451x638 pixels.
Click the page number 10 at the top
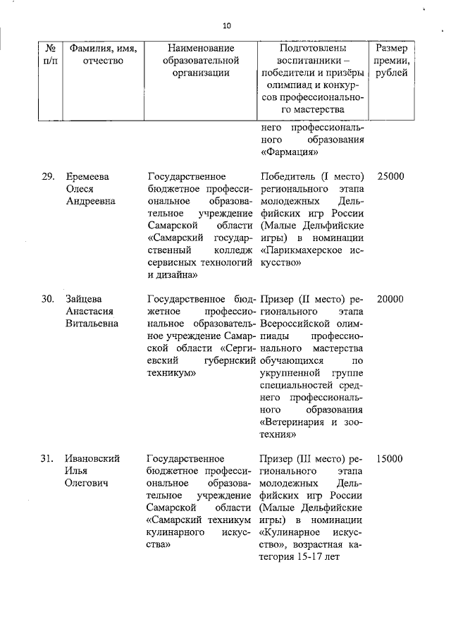[226, 26]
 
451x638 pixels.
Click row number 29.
[47, 176]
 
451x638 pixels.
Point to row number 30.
[47, 298]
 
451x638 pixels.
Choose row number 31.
[47, 458]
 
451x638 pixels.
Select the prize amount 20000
[390, 298]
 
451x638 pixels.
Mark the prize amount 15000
[390, 458]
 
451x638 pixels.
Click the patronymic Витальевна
[92, 324]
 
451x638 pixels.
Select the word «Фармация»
[289, 152]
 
